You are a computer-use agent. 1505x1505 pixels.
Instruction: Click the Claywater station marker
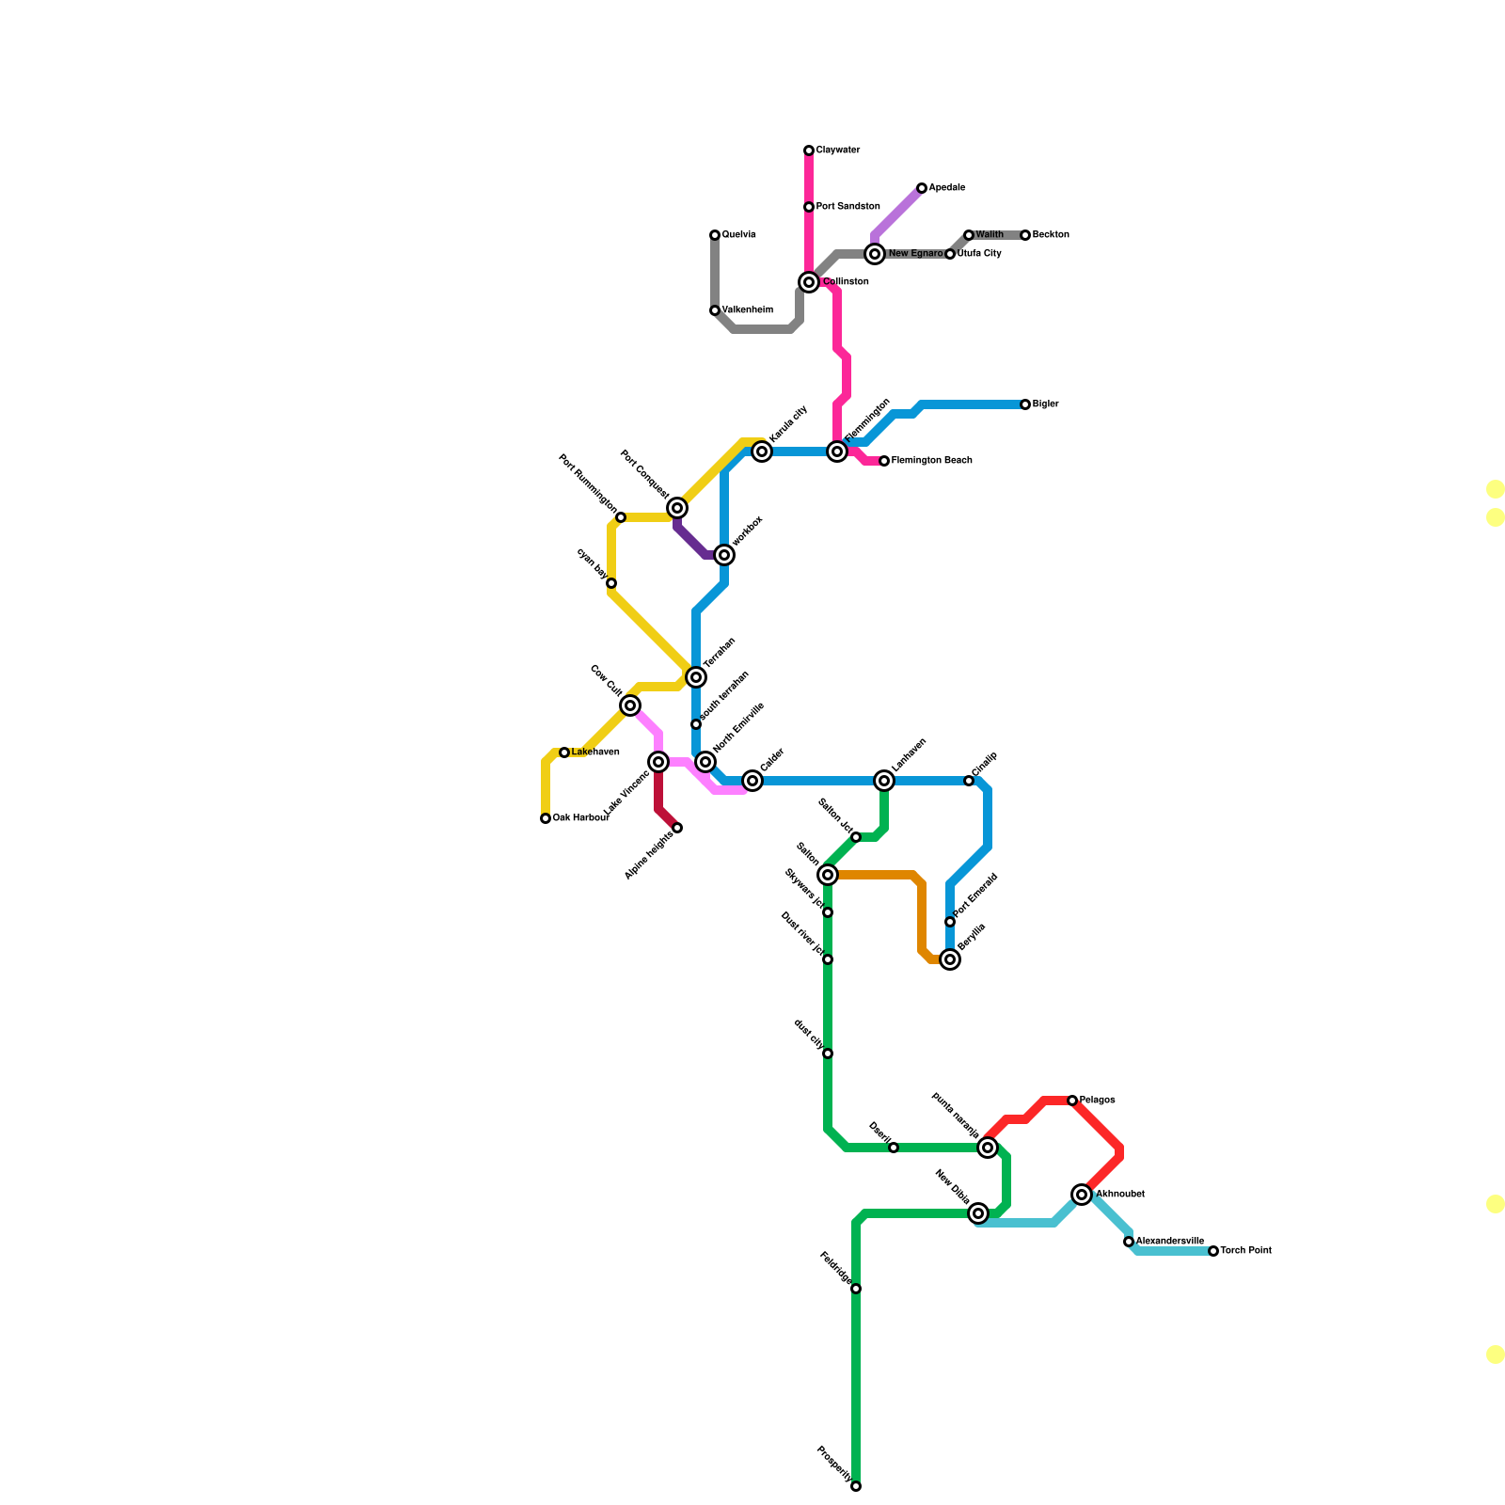tap(809, 150)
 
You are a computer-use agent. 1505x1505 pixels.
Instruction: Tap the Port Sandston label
tap(848, 207)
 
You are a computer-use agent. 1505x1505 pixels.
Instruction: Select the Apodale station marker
tap(922, 188)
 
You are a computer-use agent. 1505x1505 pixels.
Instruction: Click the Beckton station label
tap(1051, 235)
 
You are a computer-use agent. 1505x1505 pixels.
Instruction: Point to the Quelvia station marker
tap(715, 235)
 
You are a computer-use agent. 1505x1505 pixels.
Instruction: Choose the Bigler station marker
tap(1025, 404)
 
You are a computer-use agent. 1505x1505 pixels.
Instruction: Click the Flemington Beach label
tap(931, 461)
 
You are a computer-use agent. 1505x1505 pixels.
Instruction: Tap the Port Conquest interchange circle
tap(677, 508)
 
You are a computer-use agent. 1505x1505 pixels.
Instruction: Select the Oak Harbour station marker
tap(546, 818)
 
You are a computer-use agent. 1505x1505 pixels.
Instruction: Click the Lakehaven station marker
tap(564, 752)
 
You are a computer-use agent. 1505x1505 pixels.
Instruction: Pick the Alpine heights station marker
tap(677, 828)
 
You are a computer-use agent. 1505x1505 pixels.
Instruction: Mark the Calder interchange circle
tap(752, 781)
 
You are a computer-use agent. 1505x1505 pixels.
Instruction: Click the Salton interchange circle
tap(828, 875)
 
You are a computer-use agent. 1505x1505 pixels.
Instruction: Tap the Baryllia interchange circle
tap(950, 959)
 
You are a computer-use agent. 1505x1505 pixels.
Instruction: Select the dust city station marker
tap(828, 1053)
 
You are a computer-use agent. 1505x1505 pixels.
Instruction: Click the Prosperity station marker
tap(856, 1486)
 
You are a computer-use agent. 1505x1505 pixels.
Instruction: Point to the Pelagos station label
tap(1097, 1101)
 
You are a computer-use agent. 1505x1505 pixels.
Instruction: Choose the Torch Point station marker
tap(1213, 1251)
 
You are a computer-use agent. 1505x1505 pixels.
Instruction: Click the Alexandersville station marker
tap(1129, 1242)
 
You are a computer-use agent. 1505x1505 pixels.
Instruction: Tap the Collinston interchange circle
tap(809, 282)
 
